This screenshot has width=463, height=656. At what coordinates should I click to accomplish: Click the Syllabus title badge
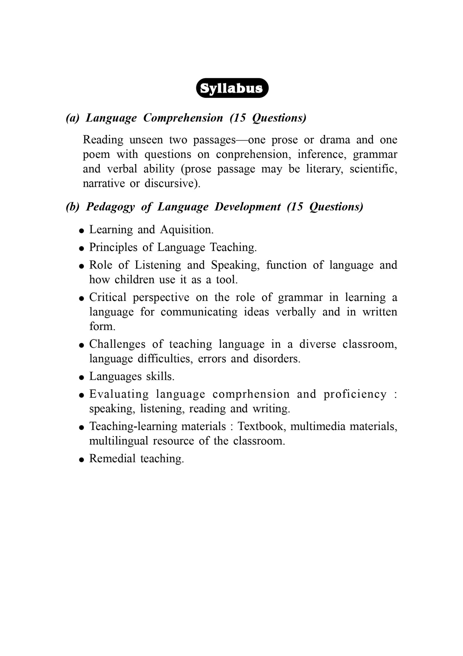232,88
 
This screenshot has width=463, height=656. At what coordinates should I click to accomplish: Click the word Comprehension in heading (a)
183,118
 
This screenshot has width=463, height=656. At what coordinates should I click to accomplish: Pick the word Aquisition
186,230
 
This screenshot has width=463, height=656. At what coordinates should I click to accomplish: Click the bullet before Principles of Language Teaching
81,248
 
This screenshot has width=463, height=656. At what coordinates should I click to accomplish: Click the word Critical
108,298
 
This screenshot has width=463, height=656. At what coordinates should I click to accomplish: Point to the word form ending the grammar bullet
102,326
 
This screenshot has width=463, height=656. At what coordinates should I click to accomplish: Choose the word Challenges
117,344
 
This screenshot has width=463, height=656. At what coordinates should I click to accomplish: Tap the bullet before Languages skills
81,378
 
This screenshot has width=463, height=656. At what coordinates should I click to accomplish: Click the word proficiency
355,394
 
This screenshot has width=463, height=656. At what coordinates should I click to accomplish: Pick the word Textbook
261,426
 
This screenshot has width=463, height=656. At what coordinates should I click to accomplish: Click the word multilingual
118,441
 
